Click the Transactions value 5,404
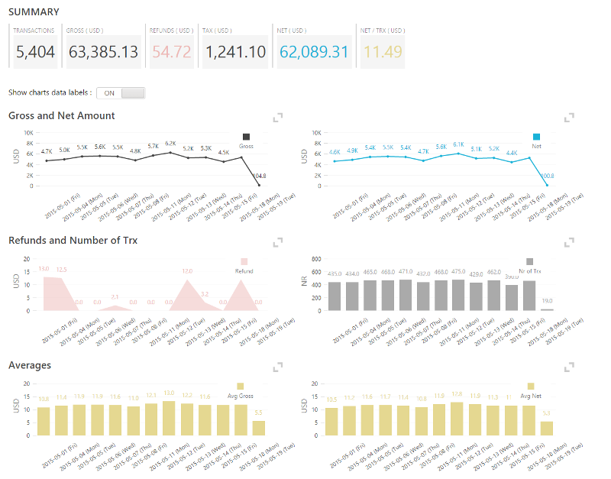(x=35, y=52)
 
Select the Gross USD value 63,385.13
(x=103, y=52)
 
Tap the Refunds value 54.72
(x=171, y=52)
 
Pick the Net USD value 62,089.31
(x=314, y=52)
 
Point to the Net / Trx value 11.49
(x=382, y=52)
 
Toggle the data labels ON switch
(x=121, y=92)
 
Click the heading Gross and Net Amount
(x=61, y=115)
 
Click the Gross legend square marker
(x=246, y=137)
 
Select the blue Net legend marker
(x=536, y=137)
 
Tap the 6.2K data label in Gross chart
(x=170, y=143)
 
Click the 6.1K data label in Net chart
(x=458, y=144)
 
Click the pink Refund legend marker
(x=244, y=261)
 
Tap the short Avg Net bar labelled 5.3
(x=547, y=428)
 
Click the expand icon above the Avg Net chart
(x=568, y=367)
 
